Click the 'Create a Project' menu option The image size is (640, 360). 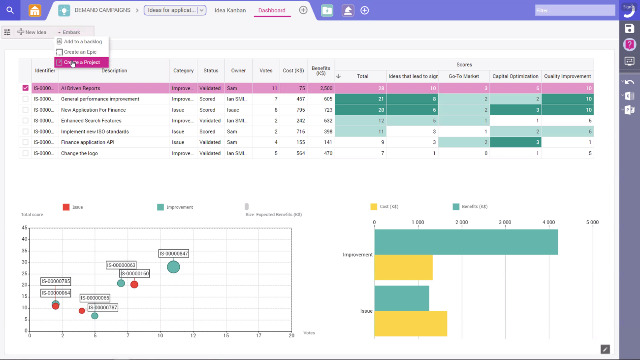click(x=82, y=63)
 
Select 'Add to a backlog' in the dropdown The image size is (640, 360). click(x=82, y=42)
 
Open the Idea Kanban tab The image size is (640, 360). click(x=230, y=10)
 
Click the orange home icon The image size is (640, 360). click(x=34, y=10)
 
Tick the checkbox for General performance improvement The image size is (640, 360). click(x=26, y=99)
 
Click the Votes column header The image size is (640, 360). click(x=266, y=71)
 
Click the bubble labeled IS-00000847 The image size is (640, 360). click(x=173, y=267)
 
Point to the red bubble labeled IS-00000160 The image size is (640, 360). click(x=134, y=285)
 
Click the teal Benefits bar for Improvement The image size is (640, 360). click(x=466, y=242)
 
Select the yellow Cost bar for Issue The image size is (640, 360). click(x=411, y=324)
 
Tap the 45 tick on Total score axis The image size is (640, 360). click(x=25, y=228)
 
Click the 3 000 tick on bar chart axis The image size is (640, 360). click(x=505, y=223)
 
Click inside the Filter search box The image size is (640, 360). click(x=575, y=10)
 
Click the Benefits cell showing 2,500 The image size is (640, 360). click(x=320, y=89)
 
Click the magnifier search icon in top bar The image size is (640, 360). click(x=10, y=10)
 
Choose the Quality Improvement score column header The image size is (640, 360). click(x=567, y=76)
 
